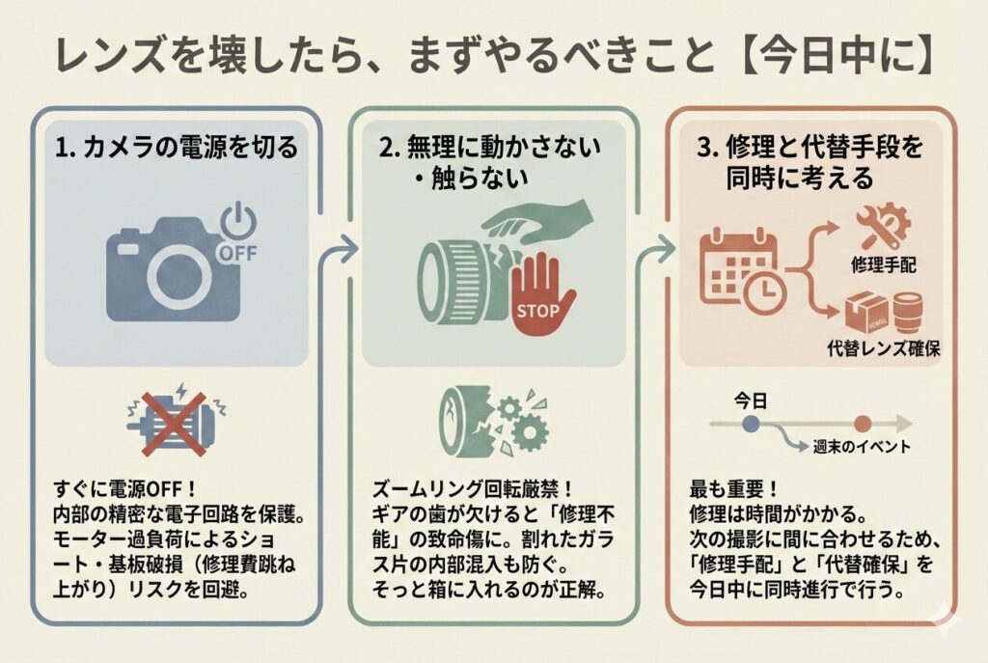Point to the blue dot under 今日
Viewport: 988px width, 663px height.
coord(752,423)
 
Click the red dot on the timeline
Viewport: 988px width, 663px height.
coord(864,423)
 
